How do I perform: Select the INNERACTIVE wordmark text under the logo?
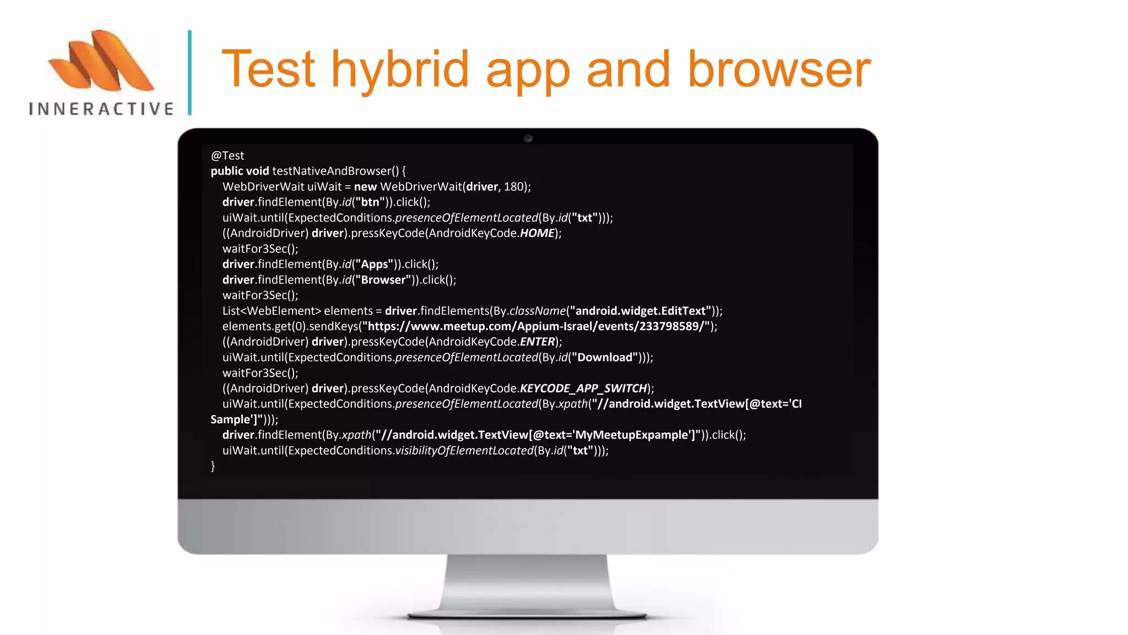101,109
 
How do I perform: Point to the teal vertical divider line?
189,72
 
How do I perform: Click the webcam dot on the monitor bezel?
528,138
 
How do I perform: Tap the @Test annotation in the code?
227,156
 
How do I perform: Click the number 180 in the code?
514,187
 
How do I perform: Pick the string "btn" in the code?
370,202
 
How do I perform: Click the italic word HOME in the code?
537,233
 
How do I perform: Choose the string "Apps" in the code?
375,265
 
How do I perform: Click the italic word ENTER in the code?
537,342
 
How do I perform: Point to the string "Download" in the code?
605,357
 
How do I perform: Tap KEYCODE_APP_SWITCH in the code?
583,389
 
